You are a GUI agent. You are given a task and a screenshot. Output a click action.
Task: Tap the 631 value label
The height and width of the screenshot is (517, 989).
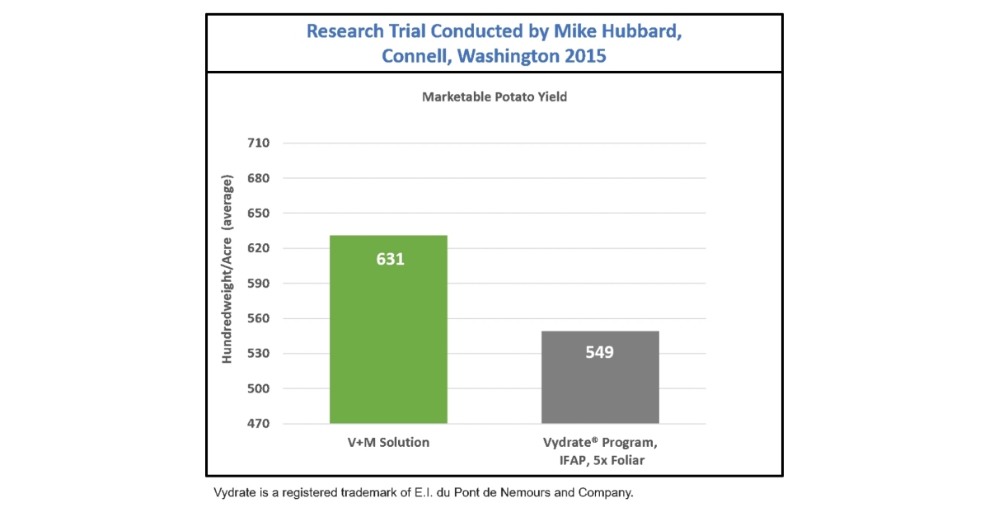[390, 259]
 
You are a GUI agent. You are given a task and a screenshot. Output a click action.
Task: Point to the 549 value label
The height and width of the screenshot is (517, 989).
[600, 352]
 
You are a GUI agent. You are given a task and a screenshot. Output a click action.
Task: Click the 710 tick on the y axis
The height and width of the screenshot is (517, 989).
[258, 143]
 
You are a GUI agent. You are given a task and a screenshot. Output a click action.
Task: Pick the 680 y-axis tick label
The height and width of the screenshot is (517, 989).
[258, 178]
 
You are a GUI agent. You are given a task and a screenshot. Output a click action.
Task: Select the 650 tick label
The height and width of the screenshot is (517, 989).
[258, 214]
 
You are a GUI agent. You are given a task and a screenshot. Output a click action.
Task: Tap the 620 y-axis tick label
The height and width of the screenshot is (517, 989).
[258, 248]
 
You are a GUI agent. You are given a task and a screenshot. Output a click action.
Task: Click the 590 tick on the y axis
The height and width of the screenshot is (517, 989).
[258, 284]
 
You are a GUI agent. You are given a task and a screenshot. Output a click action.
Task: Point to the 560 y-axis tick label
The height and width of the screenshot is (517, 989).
[258, 318]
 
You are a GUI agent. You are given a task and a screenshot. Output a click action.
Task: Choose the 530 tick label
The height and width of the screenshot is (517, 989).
[258, 354]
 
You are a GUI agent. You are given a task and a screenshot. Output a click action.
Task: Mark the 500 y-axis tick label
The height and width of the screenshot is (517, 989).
[258, 388]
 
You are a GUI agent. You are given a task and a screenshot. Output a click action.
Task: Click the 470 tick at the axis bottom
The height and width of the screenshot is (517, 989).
[258, 424]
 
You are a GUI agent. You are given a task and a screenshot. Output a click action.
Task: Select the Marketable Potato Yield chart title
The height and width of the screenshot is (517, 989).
[494, 96]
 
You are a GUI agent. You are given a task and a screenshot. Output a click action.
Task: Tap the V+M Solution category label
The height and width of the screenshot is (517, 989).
[388, 443]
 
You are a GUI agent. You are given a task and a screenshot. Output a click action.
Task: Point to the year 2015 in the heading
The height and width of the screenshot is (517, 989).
[582, 57]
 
